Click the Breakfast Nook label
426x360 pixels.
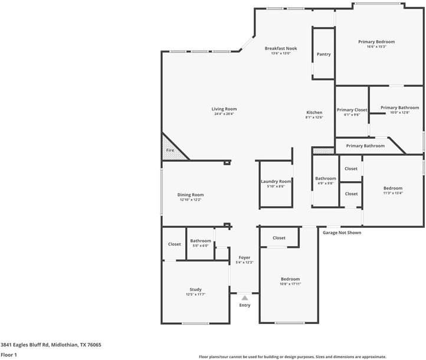pyautogui.click(x=281, y=48)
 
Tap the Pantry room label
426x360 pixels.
pyautogui.click(x=323, y=54)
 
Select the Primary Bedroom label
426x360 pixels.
pyautogui.click(x=376, y=42)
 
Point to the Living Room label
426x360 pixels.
pyautogui.click(x=224, y=109)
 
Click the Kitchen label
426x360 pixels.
pyautogui.click(x=314, y=112)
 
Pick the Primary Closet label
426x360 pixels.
pyautogui.click(x=352, y=110)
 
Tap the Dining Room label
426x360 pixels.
pyautogui.click(x=191, y=195)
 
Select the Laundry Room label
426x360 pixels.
pyautogui.click(x=276, y=181)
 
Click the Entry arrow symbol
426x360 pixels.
pyautogui.click(x=245, y=298)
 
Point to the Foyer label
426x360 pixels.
pyautogui.click(x=244, y=257)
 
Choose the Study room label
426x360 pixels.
pyautogui.click(x=195, y=289)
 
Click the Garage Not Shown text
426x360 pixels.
pyautogui.click(x=342, y=233)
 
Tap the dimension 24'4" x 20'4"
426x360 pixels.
pyautogui.click(x=224, y=114)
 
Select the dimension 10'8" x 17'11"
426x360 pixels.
pyautogui.click(x=290, y=284)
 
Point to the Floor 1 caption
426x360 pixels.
pyautogui.click(x=9, y=355)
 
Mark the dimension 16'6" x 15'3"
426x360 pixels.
pyautogui.click(x=376, y=47)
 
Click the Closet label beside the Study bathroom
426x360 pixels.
pyautogui.click(x=174, y=244)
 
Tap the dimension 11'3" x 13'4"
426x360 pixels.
pyautogui.click(x=392, y=193)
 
